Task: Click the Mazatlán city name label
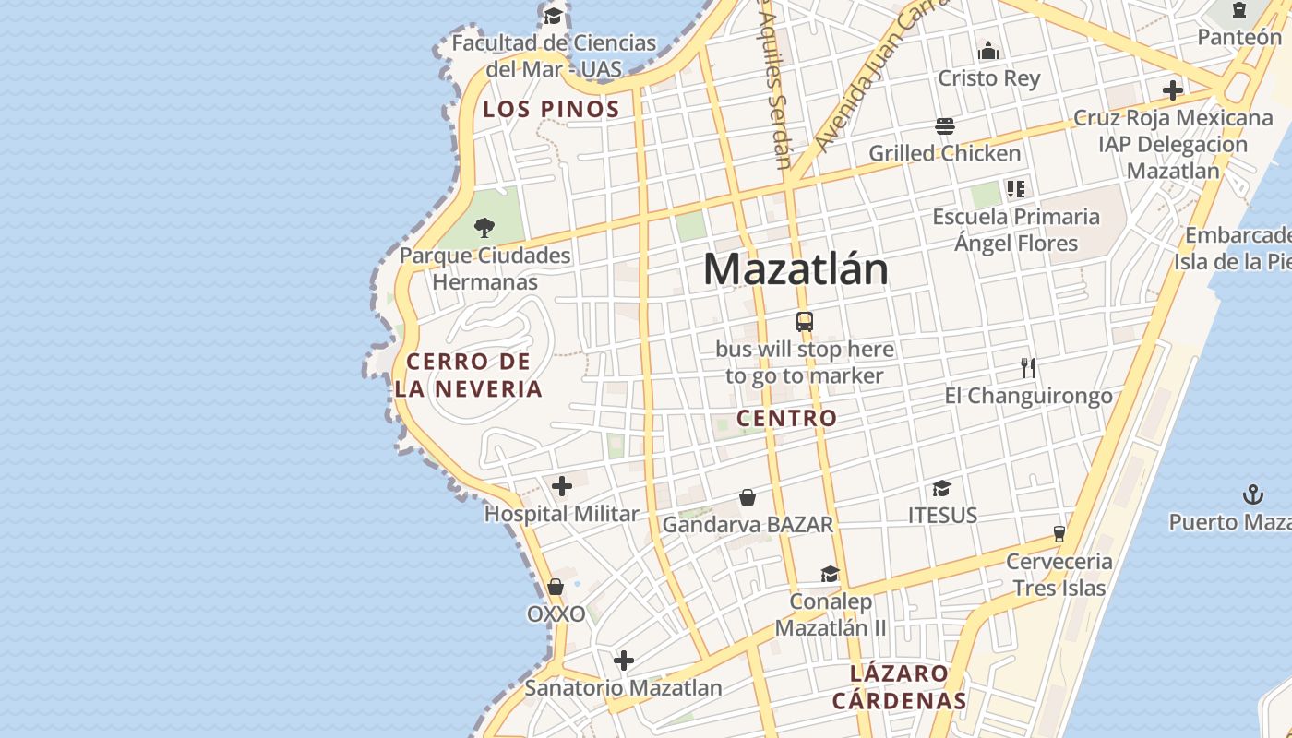pyautogui.click(x=796, y=268)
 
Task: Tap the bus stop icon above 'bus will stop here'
pyautogui.click(x=805, y=322)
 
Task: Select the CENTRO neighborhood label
pyautogui.click(x=787, y=418)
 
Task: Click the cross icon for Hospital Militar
pyautogui.click(x=562, y=486)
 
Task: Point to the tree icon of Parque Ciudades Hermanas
pyautogui.click(x=484, y=227)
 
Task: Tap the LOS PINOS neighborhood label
pyautogui.click(x=552, y=109)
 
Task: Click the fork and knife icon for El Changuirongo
pyautogui.click(x=1029, y=368)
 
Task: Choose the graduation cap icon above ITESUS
pyautogui.click(x=941, y=488)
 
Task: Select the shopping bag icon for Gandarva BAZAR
pyautogui.click(x=748, y=498)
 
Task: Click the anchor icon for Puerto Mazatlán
pyautogui.click(x=1252, y=494)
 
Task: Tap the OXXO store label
pyautogui.click(x=556, y=613)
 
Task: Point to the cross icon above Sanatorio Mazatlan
pyautogui.click(x=624, y=661)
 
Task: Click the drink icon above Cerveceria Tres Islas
pyautogui.click(x=1059, y=534)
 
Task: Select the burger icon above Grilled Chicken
pyautogui.click(x=944, y=125)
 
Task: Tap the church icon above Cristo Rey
pyautogui.click(x=988, y=51)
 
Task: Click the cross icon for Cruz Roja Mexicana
pyautogui.click(x=1173, y=90)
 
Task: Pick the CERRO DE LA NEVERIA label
pyautogui.click(x=469, y=375)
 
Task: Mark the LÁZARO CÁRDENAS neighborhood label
pyautogui.click(x=899, y=686)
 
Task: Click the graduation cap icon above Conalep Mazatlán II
pyautogui.click(x=830, y=575)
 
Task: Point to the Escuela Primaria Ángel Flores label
pyautogui.click(x=1016, y=230)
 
